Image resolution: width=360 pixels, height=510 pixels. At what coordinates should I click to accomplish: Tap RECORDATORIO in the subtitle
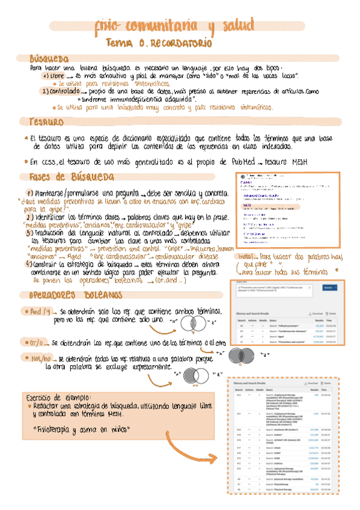(x=180, y=44)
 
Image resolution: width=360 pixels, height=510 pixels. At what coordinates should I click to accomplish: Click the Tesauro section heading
(x=42, y=121)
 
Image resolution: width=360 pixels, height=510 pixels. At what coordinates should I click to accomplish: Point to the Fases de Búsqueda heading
(x=72, y=177)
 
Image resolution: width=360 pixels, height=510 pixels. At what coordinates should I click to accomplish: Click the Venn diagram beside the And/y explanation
(x=194, y=325)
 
